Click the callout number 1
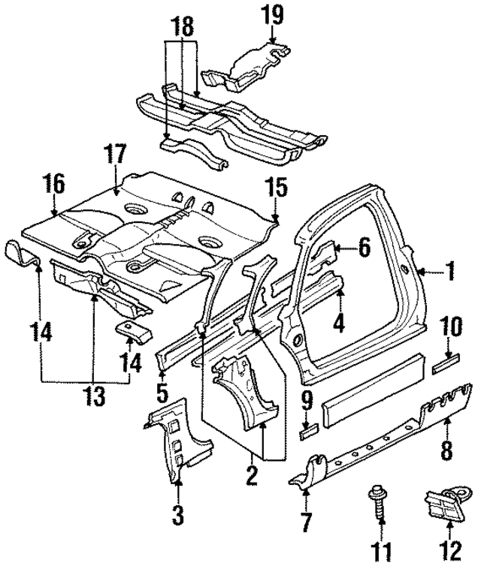point(451,272)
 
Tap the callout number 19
point(272,13)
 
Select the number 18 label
point(180,26)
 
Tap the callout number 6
point(364,247)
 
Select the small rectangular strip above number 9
point(307,432)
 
